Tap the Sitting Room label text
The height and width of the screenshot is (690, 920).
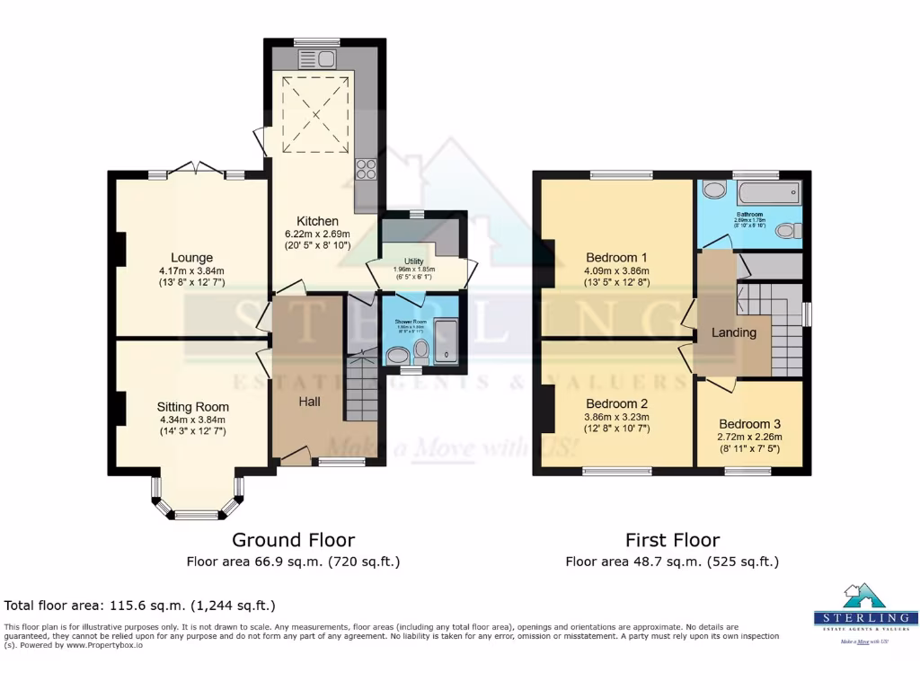point(193,407)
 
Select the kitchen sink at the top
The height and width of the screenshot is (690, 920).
point(323,59)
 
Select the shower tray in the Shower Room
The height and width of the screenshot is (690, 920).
point(447,342)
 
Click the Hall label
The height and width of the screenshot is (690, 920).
point(310,402)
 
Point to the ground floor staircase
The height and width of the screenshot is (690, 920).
point(364,386)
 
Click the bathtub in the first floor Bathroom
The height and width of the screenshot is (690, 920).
point(767,191)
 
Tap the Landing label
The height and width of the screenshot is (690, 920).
point(735,332)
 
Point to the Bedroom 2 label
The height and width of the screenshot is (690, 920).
point(616,403)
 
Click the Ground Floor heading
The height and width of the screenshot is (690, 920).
point(293,540)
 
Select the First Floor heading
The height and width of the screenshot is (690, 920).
point(672,540)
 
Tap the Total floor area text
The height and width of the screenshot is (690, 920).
point(140,606)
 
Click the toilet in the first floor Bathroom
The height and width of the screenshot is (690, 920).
point(787,231)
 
